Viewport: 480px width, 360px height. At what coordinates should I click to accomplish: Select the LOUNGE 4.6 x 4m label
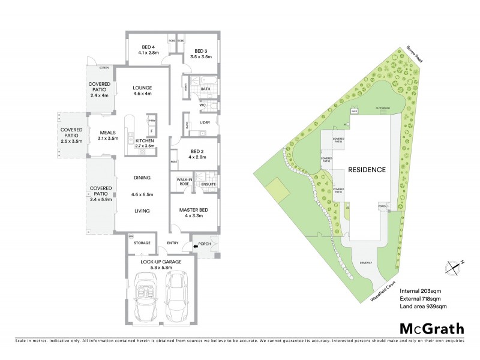(142, 91)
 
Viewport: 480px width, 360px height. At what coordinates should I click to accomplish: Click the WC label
(203, 106)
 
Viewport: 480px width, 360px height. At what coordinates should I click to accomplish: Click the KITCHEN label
(144, 143)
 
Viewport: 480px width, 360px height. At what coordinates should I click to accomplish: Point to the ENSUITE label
(208, 184)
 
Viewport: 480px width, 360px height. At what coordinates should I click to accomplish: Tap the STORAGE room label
(142, 243)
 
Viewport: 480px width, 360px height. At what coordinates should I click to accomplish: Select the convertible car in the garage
(146, 296)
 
